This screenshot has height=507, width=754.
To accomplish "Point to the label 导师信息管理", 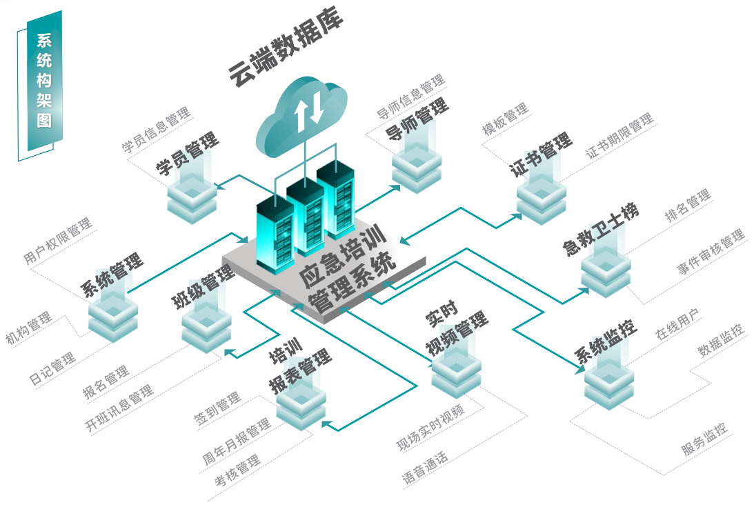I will [x=410, y=97].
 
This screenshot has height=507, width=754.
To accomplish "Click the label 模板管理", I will [x=506, y=119].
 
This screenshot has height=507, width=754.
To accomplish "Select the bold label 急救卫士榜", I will [x=601, y=228].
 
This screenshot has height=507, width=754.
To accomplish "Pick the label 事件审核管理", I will [x=711, y=252].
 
